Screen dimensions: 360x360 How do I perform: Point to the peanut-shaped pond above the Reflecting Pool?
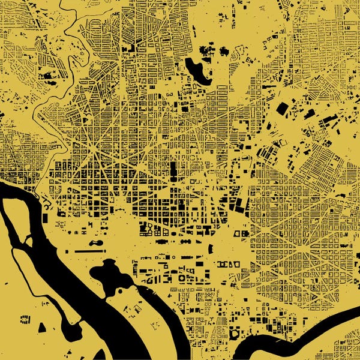pyautogui.click(x=96, y=243)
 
